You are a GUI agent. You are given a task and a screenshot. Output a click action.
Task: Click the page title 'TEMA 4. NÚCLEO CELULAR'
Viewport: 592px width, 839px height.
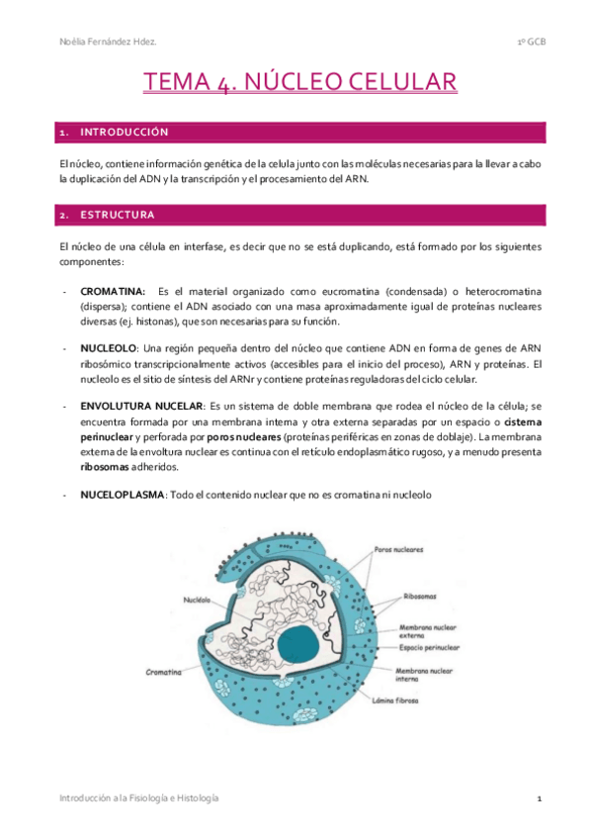coord(298,81)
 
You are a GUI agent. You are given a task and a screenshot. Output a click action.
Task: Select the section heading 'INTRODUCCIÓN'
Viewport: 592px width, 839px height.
coord(125,133)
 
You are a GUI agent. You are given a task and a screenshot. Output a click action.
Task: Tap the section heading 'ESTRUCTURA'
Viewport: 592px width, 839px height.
coord(117,214)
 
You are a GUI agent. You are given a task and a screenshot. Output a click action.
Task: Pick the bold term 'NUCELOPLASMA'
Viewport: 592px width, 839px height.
coord(124,494)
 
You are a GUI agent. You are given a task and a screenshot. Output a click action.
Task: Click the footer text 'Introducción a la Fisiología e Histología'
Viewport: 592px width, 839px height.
coord(139,797)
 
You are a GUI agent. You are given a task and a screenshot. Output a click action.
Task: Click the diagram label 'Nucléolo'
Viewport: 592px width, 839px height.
coord(197,600)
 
